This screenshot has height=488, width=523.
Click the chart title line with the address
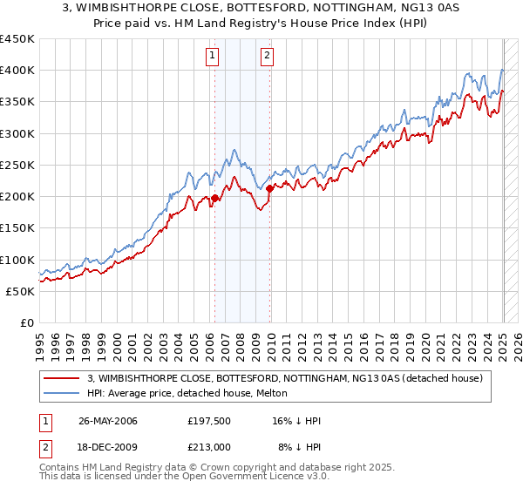[x=261, y=10]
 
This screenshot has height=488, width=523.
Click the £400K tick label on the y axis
[x=17, y=71]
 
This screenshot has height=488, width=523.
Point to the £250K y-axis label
[x=17, y=165]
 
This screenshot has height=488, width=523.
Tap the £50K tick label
[x=20, y=291]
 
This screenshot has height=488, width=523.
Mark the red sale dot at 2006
[x=214, y=199]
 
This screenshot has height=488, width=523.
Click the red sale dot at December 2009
[x=269, y=188]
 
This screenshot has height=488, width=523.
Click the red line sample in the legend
[x=61, y=377]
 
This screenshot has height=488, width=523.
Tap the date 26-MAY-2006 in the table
[x=108, y=421]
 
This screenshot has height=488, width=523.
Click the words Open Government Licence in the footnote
[x=253, y=478]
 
